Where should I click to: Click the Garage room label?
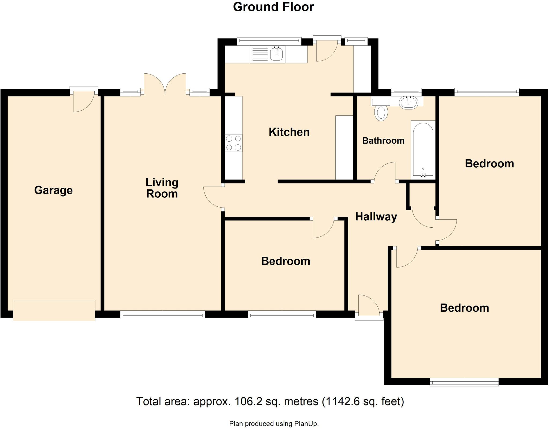[53, 190]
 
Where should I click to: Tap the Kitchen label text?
[289, 132]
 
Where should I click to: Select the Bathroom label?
[383, 141]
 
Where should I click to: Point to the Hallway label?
[376, 217]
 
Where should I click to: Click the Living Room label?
[162, 188]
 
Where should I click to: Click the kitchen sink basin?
[276, 54]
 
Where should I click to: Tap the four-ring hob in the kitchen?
[233, 143]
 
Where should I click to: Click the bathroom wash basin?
[408, 102]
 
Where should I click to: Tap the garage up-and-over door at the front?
[54, 310]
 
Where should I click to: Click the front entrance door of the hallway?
[369, 308]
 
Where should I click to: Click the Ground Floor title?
[273, 7]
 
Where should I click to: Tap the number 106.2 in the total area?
[248, 401]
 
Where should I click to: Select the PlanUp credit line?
[274, 424]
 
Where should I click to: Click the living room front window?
[162, 315]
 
